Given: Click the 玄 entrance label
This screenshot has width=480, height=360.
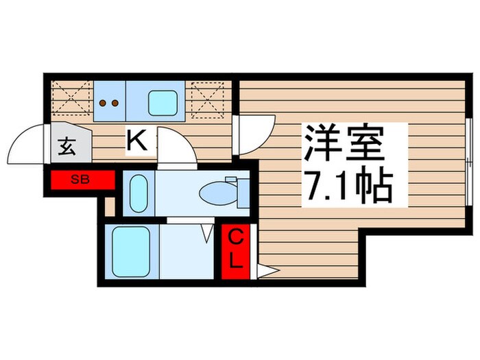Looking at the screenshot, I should [x=67, y=146].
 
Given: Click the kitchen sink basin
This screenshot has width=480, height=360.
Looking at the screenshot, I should [x=164, y=101].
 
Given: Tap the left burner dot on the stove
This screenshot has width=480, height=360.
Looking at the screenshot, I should [x=104, y=103].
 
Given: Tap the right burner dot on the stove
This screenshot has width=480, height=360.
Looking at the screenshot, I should [x=115, y=103].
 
